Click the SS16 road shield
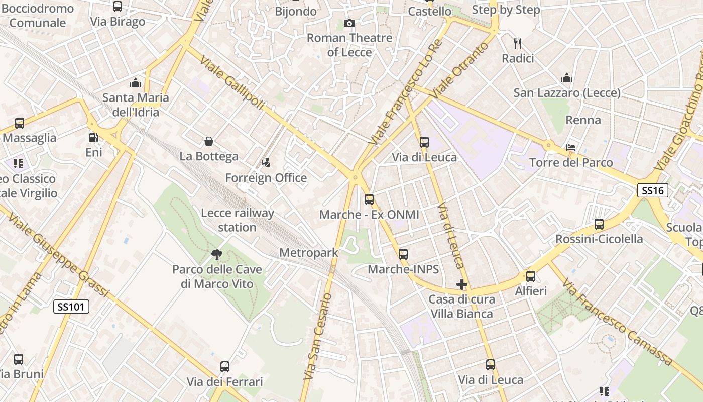click(653, 190)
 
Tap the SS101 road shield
click(71, 306)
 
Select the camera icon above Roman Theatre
click(349, 23)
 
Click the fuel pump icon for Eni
click(93, 137)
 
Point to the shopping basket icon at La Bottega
click(209, 142)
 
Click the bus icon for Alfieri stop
click(531, 276)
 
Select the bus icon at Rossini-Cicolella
click(599, 224)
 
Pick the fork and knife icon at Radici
click(518, 44)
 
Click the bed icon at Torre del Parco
click(571, 147)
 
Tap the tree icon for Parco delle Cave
click(217, 255)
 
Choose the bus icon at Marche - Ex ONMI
click(369, 199)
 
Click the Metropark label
click(309, 253)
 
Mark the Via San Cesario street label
click(318, 336)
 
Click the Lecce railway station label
click(238, 220)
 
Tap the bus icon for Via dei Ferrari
click(225, 366)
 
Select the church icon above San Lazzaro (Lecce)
click(567, 78)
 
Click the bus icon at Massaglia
click(20, 123)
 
